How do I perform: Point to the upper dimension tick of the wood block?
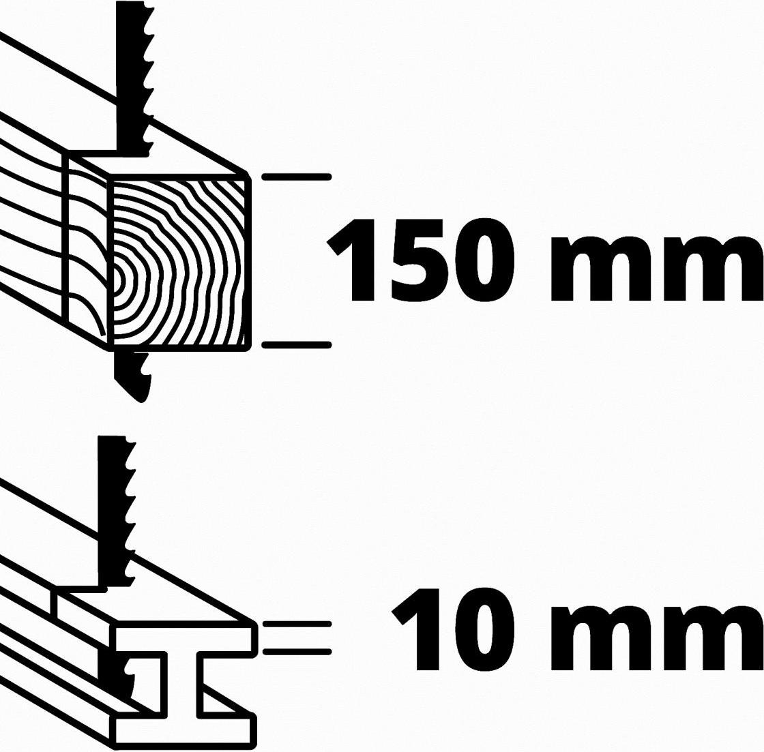click(x=296, y=177)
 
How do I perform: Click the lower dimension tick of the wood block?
click(x=296, y=345)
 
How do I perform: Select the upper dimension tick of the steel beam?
click(x=296, y=624)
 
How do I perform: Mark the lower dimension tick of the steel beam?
click(x=296, y=651)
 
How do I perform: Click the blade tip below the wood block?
click(x=141, y=400)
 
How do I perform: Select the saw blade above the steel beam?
click(x=116, y=511)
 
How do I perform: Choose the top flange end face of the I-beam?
click(x=185, y=639)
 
